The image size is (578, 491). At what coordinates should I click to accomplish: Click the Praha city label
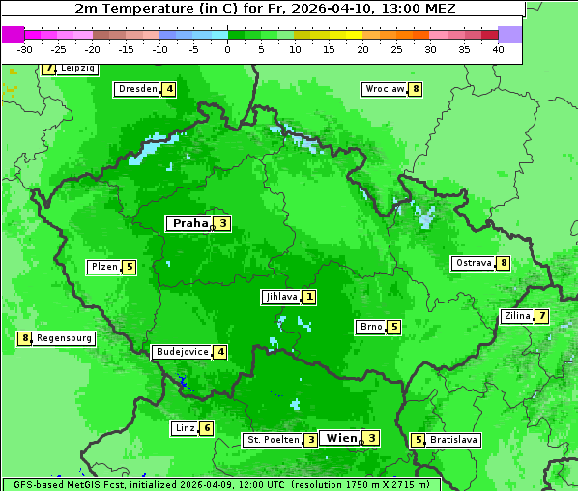(x=190, y=223)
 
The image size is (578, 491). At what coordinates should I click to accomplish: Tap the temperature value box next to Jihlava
(x=308, y=298)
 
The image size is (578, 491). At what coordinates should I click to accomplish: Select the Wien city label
(x=342, y=438)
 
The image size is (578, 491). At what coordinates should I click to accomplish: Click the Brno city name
(x=369, y=327)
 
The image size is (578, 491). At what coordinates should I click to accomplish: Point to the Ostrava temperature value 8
(x=503, y=263)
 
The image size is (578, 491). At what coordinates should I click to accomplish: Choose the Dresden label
(x=137, y=89)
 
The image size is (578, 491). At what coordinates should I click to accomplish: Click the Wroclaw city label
(x=384, y=89)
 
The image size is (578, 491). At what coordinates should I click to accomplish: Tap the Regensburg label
(x=64, y=338)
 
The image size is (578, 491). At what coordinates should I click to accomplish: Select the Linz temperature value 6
(x=206, y=428)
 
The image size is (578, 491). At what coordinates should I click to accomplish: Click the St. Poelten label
(x=273, y=440)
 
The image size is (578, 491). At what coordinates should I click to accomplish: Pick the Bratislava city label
(x=453, y=440)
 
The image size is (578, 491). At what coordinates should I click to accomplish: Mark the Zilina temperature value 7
(x=542, y=316)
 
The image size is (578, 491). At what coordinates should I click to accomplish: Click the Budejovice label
(x=182, y=352)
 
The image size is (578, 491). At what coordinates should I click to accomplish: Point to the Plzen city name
(x=103, y=267)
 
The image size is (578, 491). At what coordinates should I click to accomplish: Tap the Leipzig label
(x=76, y=69)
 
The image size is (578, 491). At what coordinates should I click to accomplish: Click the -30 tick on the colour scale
(x=24, y=49)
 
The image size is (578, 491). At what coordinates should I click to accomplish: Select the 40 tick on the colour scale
(x=498, y=49)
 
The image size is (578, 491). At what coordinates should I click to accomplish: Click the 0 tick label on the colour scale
(x=227, y=49)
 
